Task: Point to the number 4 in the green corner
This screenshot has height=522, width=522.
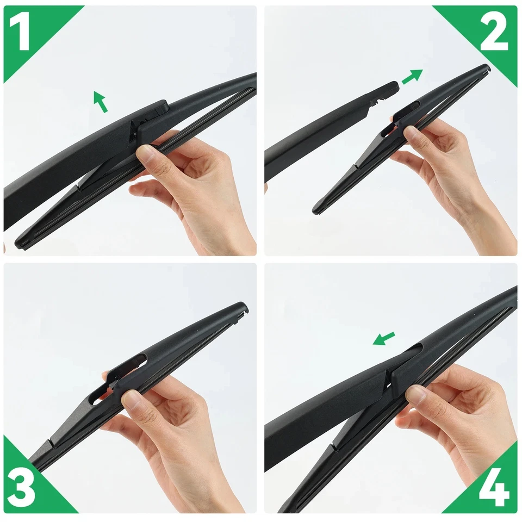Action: pos(494,488)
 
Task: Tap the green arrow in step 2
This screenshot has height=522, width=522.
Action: pos(412,77)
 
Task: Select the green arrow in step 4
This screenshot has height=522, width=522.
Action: pos(384,338)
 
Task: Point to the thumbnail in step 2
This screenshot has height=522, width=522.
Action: pos(412,133)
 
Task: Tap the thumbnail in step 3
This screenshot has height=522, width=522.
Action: pos(130,400)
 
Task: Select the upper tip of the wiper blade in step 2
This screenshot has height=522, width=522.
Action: pos(486,68)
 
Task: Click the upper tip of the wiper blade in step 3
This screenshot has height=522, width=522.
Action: pos(244,307)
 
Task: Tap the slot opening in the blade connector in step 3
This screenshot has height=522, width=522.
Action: pos(136,360)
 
